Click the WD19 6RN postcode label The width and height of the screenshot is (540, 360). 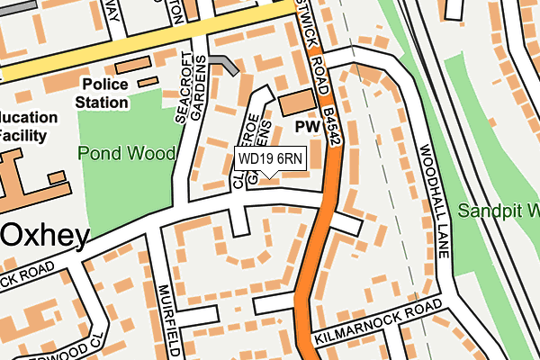click(x=270, y=159)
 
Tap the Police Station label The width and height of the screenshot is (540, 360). click(x=116, y=94)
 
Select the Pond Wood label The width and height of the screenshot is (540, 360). click(x=126, y=153)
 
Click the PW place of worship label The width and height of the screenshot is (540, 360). click(x=308, y=129)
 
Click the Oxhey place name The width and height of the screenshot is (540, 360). click(x=45, y=236)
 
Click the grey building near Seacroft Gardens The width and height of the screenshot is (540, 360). click(x=225, y=64)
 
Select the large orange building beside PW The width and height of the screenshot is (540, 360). click(x=292, y=103)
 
